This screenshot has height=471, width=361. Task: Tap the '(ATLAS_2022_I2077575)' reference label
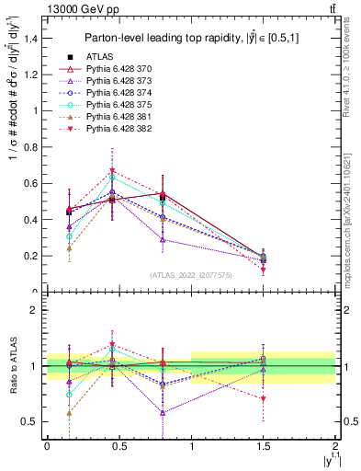click(191, 274)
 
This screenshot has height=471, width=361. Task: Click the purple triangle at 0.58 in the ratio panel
click(163, 412)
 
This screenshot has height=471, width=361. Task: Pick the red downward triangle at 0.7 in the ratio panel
click(264, 399)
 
